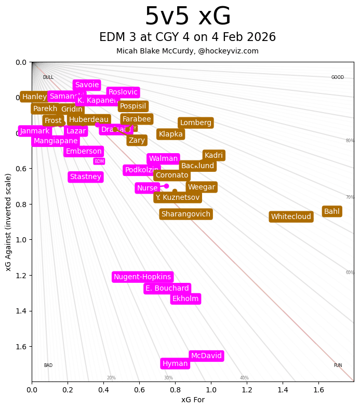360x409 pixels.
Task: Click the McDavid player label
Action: [x=206, y=356]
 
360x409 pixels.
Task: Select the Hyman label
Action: [x=175, y=364]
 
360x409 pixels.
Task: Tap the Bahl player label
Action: [x=331, y=211]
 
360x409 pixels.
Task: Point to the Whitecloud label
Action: [x=291, y=217]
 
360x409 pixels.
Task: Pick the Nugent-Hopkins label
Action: [x=142, y=277]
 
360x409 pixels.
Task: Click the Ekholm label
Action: [x=185, y=299]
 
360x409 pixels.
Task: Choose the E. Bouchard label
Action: [x=167, y=289]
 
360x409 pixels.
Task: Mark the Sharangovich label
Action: [x=185, y=214]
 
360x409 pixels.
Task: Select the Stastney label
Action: [x=86, y=177]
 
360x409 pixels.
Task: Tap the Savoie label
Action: [x=87, y=85]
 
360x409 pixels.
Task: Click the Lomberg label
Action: [x=196, y=123]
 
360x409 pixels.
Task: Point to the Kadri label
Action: [x=214, y=156]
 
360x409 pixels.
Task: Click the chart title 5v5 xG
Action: [x=188, y=17]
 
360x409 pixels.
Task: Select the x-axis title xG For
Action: [x=193, y=400]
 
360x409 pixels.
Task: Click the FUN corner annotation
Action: [x=338, y=365]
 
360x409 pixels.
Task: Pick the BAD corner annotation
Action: [x=48, y=365]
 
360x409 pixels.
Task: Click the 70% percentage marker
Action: [x=350, y=197]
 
